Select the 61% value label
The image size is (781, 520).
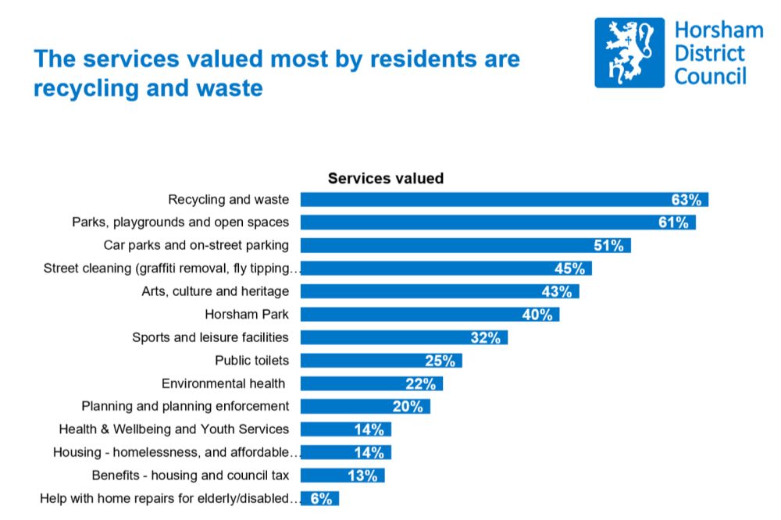click(x=673, y=223)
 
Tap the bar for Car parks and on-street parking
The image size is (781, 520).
click(x=465, y=245)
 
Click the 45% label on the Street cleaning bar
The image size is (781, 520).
click(x=569, y=269)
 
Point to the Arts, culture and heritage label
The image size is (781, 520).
click(x=215, y=291)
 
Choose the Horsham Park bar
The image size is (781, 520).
click(x=430, y=315)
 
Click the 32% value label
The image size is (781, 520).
click(x=486, y=337)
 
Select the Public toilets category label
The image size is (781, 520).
click(x=251, y=360)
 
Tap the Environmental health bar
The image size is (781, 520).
click(x=371, y=383)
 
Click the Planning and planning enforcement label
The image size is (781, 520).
click(x=185, y=406)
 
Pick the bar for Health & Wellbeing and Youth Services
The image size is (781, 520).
click(x=345, y=429)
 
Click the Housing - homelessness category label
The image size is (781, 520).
click(x=177, y=452)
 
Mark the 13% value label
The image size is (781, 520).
click(x=362, y=475)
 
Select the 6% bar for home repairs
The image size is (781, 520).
click(x=319, y=498)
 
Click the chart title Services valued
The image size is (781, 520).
click(x=385, y=178)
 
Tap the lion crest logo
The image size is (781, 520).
click(x=629, y=52)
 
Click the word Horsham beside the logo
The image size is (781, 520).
click(x=718, y=30)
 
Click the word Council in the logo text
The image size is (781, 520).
click(x=710, y=76)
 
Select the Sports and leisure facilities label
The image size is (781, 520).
click(x=210, y=337)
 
